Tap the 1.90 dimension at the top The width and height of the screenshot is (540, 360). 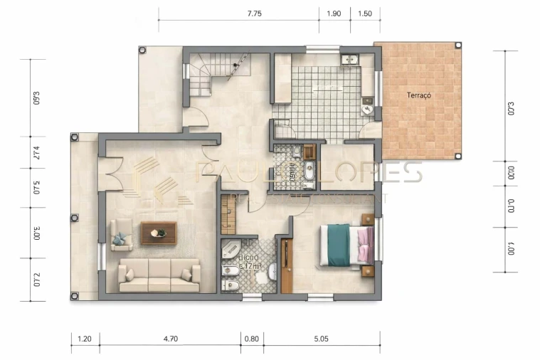tap(334, 14)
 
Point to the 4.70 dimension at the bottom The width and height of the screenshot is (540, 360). tap(170, 339)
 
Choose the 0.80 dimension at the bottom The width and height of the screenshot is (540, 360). tap(252, 339)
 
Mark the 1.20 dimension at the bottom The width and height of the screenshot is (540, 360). tap(85, 339)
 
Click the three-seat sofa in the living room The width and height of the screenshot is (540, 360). tap(159, 275)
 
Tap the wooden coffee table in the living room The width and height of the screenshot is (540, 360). tap(158, 233)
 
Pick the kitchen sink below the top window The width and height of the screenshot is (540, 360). tap(351, 60)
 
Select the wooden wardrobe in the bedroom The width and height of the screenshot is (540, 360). tap(286, 265)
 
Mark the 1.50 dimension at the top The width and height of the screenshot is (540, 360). tap(365, 14)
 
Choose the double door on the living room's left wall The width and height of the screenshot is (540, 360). tap(107, 174)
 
